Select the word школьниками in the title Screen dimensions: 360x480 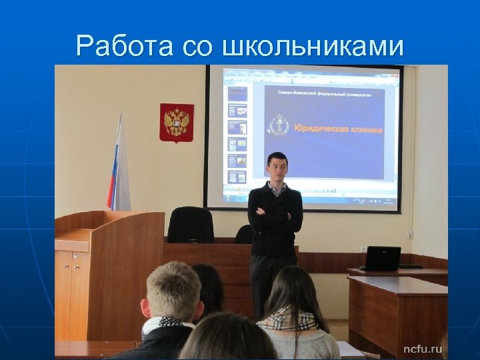click(x=314, y=46)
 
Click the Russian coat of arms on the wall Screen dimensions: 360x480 click(x=177, y=123)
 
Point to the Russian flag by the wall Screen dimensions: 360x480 click(x=119, y=167)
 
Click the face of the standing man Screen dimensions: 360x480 click(x=276, y=169)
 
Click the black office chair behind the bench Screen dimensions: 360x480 click(x=191, y=225)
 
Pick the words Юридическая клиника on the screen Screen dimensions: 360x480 click(x=339, y=129)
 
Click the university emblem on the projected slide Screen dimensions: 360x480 click(x=279, y=125)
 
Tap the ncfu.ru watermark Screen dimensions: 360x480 click(x=422, y=349)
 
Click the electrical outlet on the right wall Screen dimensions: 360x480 click(x=411, y=233)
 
